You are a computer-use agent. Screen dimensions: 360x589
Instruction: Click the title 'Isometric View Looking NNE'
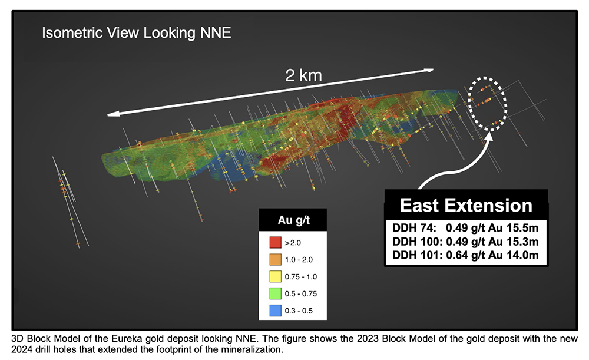click(x=136, y=32)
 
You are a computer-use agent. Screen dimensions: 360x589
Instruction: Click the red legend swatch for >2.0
click(x=275, y=242)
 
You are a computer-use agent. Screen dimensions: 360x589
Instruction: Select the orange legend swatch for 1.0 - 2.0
click(x=275, y=259)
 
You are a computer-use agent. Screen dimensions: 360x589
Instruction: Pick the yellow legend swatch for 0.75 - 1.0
click(x=275, y=276)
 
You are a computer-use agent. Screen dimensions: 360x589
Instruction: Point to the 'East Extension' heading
click(x=466, y=205)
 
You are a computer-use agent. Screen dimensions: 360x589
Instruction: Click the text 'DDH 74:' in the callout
click(x=411, y=227)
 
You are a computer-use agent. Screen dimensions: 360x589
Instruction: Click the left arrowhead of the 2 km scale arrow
click(x=110, y=114)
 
